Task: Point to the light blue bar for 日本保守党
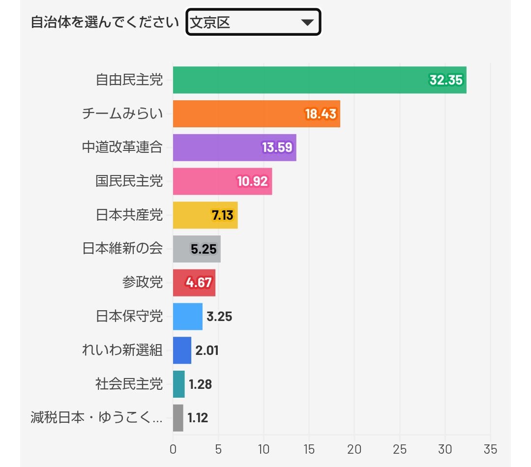(x=187, y=317)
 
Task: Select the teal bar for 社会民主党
(x=178, y=384)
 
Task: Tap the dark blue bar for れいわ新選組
(x=182, y=350)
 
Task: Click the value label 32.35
(x=446, y=80)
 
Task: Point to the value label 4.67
(x=199, y=283)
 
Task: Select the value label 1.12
(x=198, y=418)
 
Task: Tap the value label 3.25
(x=219, y=317)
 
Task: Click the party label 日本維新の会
(x=122, y=249)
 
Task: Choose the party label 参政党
(x=143, y=283)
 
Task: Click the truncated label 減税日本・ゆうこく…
(x=96, y=418)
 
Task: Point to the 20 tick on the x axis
(x=354, y=449)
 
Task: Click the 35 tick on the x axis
(x=490, y=449)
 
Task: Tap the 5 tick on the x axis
(x=218, y=449)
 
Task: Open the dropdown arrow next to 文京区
(x=307, y=22)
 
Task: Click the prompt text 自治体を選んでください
(x=104, y=23)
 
